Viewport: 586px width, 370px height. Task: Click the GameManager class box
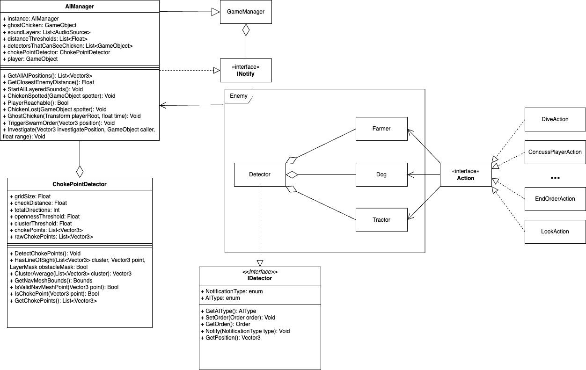click(246, 12)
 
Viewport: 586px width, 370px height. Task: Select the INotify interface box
click(246, 70)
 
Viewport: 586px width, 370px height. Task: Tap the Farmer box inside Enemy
click(381, 129)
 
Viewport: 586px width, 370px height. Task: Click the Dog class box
click(381, 174)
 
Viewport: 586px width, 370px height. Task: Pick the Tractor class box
click(381, 220)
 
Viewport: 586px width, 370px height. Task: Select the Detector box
click(260, 174)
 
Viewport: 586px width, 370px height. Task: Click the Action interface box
click(465, 174)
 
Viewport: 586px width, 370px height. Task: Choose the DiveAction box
click(555, 119)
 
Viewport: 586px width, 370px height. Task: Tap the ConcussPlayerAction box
click(555, 152)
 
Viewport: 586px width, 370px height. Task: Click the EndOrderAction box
click(555, 199)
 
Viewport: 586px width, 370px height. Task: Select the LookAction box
click(555, 232)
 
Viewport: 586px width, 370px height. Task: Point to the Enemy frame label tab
click(239, 96)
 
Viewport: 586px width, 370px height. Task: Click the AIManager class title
click(80, 7)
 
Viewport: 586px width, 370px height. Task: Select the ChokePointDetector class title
click(80, 184)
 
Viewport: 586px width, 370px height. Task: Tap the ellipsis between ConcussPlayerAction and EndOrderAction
click(555, 178)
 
